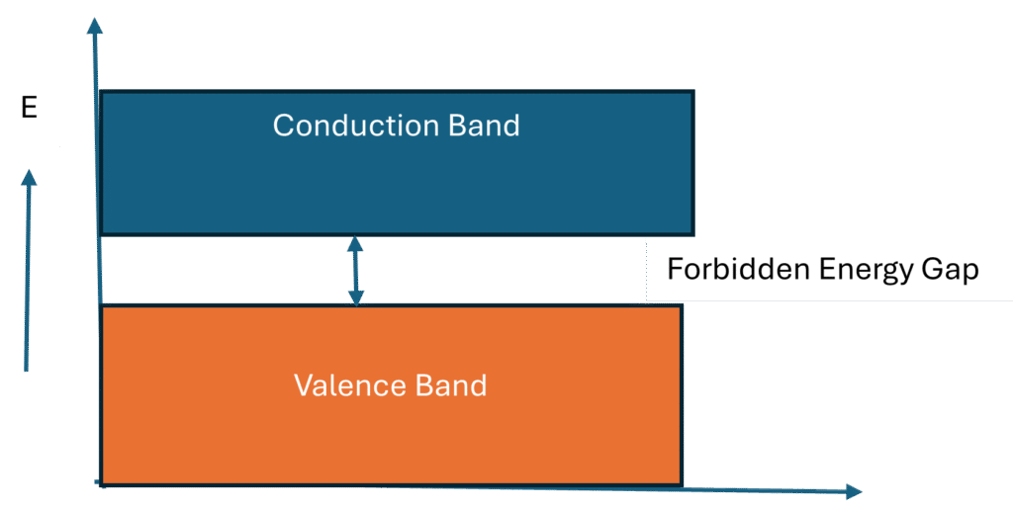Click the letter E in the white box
pos(30,108)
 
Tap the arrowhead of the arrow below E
pos(29,178)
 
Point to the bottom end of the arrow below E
pos(27,371)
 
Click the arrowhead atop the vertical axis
pos(95,25)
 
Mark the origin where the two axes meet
pos(100,484)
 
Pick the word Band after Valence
pos(453,384)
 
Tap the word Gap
pos(951,269)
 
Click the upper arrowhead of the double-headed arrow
pos(354,242)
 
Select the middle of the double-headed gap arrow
pos(354,270)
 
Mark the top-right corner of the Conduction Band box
pos(692,92)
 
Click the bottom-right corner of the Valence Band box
pos(682,484)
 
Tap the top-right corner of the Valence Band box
pos(682,305)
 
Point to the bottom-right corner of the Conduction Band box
pos(692,234)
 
